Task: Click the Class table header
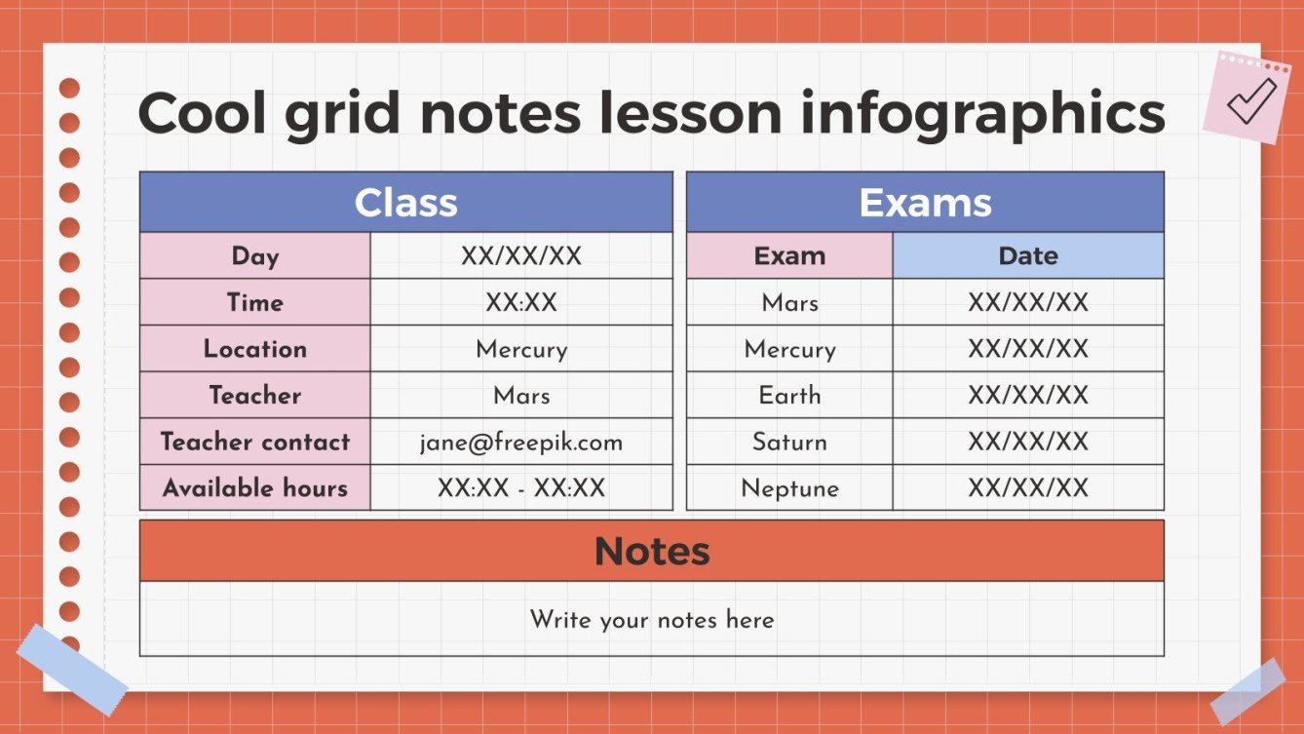(x=405, y=203)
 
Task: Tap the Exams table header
(x=925, y=203)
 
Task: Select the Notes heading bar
(x=651, y=551)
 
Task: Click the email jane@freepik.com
(x=521, y=443)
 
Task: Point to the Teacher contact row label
(x=255, y=443)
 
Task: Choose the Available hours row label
(x=255, y=488)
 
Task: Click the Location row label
(x=255, y=349)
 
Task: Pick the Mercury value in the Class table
(x=521, y=349)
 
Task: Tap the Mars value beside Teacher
(x=521, y=396)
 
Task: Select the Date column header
(x=1028, y=256)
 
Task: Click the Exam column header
(x=789, y=256)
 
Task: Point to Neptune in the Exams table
(x=789, y=488)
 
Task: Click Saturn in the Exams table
(x=789, y=443)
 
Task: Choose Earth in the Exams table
(x=789, y=396)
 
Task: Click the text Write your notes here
(x=651, y=620)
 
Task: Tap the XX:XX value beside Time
(x=521, y=303)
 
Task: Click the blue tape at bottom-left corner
(x=71, y=669)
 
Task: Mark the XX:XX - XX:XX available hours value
(x=521, y=488)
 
